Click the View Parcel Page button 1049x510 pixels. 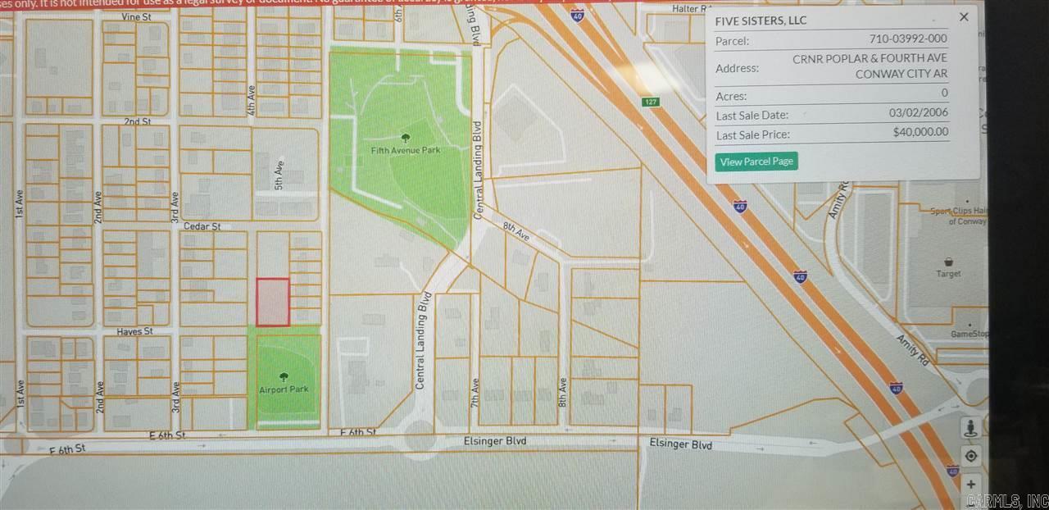pos(756,162)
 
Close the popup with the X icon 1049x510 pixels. pos(964,17)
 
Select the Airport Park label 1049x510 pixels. pos(284,389)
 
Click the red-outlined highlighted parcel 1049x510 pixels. pos(273,302)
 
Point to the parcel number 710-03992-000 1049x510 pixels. pos(908,39)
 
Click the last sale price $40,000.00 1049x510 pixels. pos(920,132)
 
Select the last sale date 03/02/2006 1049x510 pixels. pos(918,114)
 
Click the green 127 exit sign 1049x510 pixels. pos(651,102)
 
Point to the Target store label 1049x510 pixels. pos(949,274)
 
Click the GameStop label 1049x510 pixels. pos(969,335)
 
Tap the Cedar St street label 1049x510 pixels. pos(205,225)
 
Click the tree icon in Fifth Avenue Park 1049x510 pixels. pos(404,138)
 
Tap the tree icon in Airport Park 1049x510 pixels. pos(284,377)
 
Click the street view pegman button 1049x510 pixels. pos(970,428)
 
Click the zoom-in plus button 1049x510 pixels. pos(970,484)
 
